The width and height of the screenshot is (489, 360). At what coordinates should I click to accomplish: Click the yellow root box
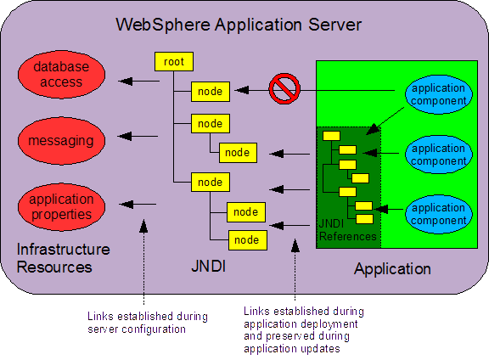click(x=174, y=61)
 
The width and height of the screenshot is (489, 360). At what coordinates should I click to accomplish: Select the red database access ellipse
click(x=61, y=74)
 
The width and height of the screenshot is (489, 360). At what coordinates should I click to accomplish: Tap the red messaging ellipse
click(x=61, y=141)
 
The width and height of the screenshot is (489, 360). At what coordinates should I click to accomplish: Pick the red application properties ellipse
click(x=61, y=207)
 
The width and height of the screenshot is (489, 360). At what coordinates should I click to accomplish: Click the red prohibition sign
click(x=284, y=88)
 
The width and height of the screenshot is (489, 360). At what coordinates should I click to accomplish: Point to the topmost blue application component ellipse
click(x=438, y=94)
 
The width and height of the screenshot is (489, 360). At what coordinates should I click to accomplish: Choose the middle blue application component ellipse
click(x=438, y=155)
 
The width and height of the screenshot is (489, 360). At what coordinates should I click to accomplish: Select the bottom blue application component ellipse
click(x=438, y=214)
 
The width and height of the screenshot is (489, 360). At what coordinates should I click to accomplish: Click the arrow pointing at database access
click(x=138, y=82)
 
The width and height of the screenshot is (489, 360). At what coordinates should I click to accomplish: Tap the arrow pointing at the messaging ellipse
click(x=138, y=136)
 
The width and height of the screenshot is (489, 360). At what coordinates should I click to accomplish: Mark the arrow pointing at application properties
click(x=138, y=205)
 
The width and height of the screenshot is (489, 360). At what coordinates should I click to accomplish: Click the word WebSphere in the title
click(x=163, y=25)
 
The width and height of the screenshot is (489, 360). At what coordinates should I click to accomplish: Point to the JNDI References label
click(x=347, y=230)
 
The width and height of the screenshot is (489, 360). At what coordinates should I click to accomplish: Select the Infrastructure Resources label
click(x=64, y=258)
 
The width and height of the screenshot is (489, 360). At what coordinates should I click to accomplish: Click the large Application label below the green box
click(x=392, y=269)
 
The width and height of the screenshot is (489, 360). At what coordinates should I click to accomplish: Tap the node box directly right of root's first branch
click(x=211, y=92)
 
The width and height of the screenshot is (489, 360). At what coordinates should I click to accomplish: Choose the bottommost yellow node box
click(x=248, y=240)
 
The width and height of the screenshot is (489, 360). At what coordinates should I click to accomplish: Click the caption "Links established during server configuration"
click(x=148, y=323)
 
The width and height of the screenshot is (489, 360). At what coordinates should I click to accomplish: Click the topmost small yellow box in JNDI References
click(x=331, y=136)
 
